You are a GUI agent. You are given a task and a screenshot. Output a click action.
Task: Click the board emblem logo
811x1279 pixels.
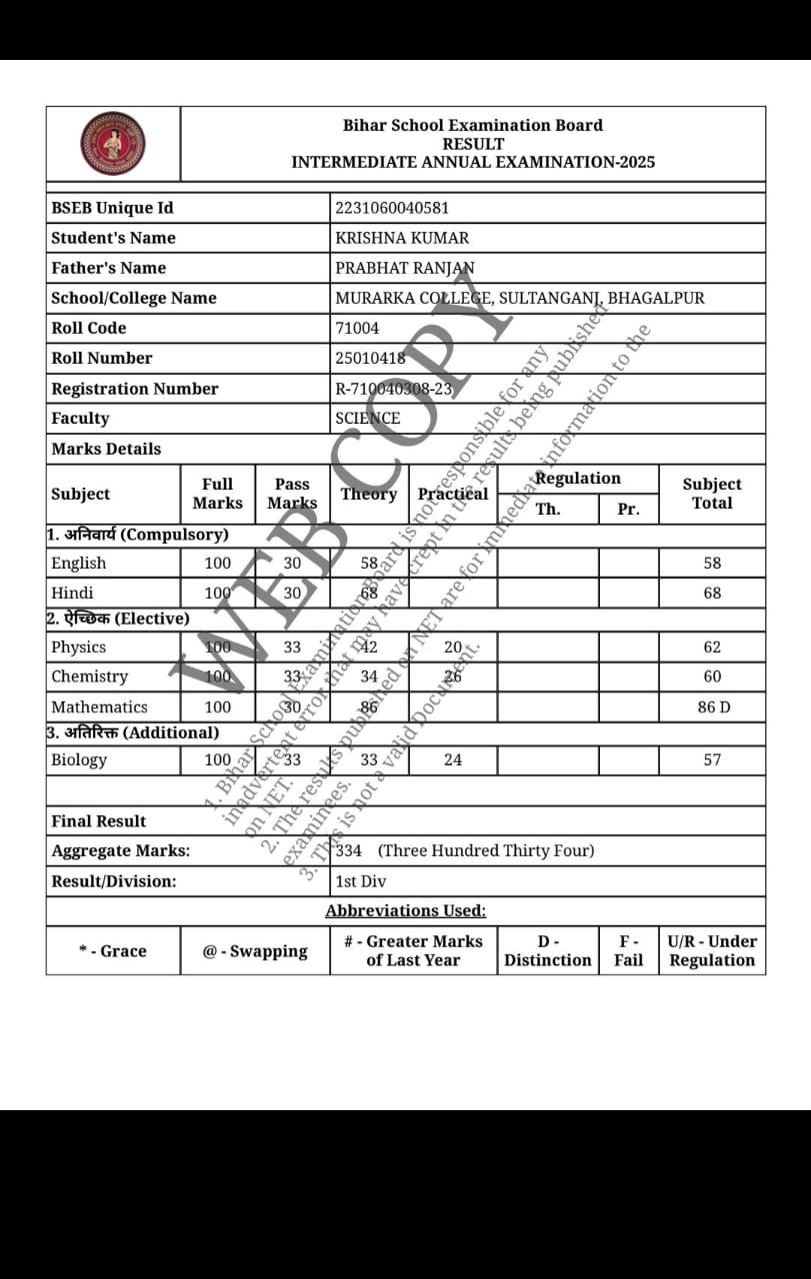pos(113,143)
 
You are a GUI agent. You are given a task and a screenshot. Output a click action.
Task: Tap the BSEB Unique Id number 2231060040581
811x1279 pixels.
pos(392,208)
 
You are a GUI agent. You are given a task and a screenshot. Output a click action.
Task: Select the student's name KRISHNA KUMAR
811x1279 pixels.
pos(402,238)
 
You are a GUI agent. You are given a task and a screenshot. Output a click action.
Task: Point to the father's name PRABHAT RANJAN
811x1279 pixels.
pos(405,268)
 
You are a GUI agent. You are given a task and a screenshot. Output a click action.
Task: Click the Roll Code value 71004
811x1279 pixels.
pos(357,328)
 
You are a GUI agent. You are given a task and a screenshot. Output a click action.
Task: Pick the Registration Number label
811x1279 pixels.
pos(135,389)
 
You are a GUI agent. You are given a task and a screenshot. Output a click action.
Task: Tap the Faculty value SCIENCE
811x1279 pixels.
pos(367,419)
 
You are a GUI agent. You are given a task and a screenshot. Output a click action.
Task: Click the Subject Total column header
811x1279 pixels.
pos(711,494)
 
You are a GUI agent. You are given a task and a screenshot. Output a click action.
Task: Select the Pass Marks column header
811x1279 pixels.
pos(292,494)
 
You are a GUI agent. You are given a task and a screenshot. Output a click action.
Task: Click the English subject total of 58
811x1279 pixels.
pos(711,564)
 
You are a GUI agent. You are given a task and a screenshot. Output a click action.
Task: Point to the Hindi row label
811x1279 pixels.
pos(72,594)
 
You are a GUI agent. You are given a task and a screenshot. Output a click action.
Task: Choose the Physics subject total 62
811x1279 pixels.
pos(711,647)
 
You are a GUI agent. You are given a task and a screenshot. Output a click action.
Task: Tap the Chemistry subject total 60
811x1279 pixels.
pos(711,677)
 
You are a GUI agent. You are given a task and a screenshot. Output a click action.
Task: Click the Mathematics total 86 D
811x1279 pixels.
pos(713,707)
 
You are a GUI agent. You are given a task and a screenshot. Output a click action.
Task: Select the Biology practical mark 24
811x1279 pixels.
pos(453,760)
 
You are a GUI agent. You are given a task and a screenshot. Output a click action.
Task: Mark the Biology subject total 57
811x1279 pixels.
pos(711,760)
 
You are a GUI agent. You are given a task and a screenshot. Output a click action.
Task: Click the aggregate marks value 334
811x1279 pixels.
pos(349,851)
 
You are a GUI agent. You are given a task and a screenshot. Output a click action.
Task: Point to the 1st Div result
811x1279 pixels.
pos(360,881)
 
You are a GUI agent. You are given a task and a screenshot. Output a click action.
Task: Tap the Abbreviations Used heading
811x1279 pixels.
pos(405,911)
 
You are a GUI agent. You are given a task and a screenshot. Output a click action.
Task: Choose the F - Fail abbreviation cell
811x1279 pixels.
pos(628,951)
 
